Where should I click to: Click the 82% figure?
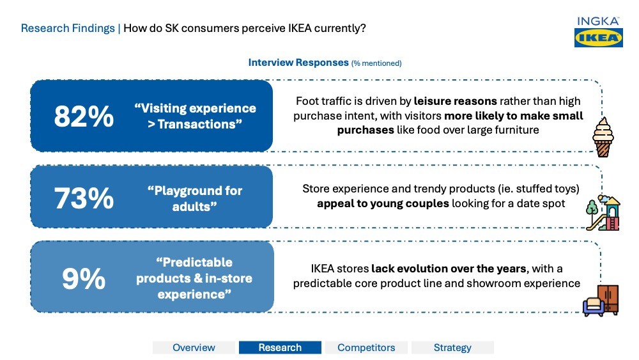[84, 116]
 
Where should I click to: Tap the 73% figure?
[84, 199]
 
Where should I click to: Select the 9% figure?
[84, 279]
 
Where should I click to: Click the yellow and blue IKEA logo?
[598, 38]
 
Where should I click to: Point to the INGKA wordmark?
[598, 21]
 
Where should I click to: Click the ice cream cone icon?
[603, 137]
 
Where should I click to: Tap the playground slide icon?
[603, 212]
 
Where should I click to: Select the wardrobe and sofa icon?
[601, 301]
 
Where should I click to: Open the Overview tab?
[194, 347]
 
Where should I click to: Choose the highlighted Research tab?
[280, 347]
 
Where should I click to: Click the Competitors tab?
[366, 347]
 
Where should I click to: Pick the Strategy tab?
[452, 347]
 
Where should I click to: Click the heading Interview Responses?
[298, 63]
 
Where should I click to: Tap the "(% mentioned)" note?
[376, 63]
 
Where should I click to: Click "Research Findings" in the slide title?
[68, 28]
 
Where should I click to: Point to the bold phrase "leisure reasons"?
[455, 101]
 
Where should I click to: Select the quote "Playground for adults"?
[195, 199]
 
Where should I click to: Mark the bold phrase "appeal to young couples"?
[383, 203]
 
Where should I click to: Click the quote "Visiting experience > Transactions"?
[195, 116]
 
